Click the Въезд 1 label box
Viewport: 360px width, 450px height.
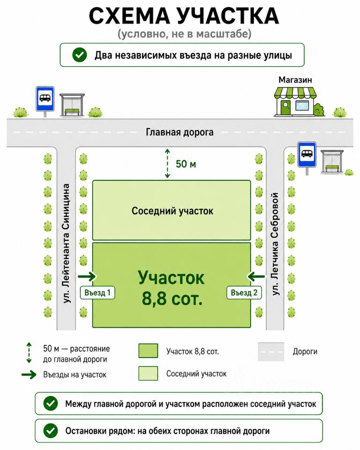(x=97, y=292)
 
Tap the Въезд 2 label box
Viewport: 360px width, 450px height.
(x=244, y=292)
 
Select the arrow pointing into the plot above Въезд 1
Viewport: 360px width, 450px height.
(x=87, y=277)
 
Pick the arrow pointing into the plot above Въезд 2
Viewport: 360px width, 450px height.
(x=256, y=277)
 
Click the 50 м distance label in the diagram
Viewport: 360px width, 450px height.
(x=186, y=164)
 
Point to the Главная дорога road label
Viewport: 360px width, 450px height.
(x=180, y=132)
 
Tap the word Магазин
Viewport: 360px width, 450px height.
(x=295, y=80)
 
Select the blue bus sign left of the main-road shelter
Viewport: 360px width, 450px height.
(x=45, y=99)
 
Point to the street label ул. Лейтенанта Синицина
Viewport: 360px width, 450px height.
(x=66, y=243)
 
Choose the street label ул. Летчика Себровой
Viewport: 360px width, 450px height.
(x=275, y=244)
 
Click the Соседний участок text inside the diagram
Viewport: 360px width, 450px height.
(x=172, y=211)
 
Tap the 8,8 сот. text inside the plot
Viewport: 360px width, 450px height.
(x=172, y=299)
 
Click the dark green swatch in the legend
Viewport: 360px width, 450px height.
(x=148, y=351)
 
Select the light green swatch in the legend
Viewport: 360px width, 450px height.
(x=148, y=374)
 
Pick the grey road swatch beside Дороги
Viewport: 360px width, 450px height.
(x=271, y=352)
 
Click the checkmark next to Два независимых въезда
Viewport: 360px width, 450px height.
(x=80, y=55)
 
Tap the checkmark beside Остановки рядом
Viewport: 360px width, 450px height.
(x=51, y=431)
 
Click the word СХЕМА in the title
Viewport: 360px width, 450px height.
(x=129, y=16)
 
